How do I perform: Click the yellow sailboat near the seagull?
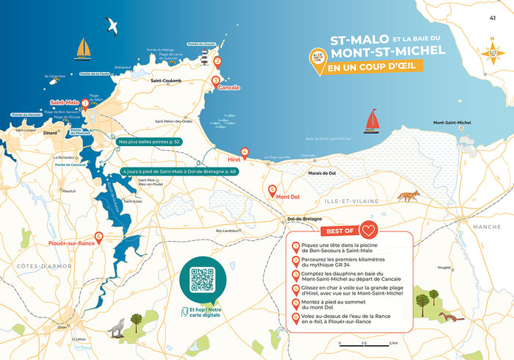click(83, 48)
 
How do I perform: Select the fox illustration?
click(408, 196)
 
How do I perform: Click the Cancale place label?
click(228, 87)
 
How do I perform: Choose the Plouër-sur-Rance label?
click(71, 242)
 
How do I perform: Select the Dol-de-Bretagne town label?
click(302, 220)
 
